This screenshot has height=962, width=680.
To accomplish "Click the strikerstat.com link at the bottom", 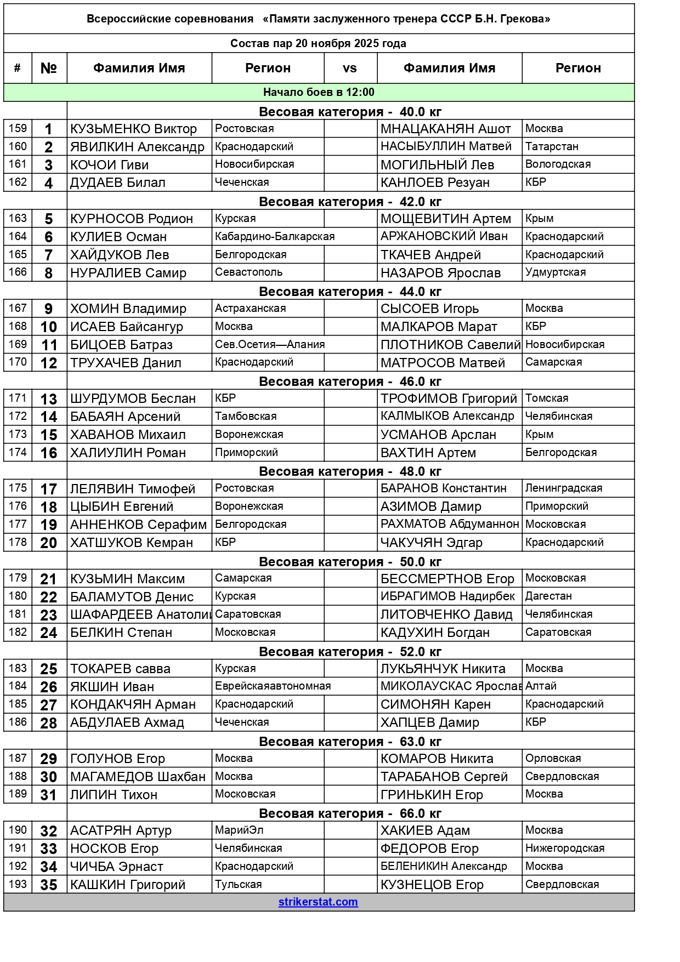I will pyautogui.click(x=318, y=902).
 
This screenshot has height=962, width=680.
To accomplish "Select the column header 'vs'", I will pyautogui.click(x=350, y=68).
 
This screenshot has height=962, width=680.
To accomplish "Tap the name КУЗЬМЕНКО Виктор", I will pyautogui.click(x=133, y=129).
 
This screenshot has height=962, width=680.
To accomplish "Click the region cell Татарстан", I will pyautogui.click(x=552, y=146).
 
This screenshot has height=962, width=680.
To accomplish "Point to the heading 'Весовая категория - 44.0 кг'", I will pyautogui.click(x=350, y=291).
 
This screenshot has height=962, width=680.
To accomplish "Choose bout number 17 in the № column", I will pyautogui.click(x=49, y=488).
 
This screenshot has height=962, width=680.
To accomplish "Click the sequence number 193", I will pyautogui.click(x=18, y=884).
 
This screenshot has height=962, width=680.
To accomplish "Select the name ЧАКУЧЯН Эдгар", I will pyautogui.click(x=432, y=543).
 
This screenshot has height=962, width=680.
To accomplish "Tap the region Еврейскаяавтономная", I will pyautogui.click(x=273, y=686).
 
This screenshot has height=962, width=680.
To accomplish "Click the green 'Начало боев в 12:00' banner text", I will pyautogui.click(x=319, y=92).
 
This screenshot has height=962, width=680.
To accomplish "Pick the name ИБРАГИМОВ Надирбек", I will pyautogui.click(x=447, y=596).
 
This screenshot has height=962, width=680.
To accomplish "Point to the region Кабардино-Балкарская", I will pyautogui.click(x=275, y=236).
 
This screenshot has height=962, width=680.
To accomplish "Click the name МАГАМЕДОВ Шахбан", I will pyautogui.click(x=138, y=776).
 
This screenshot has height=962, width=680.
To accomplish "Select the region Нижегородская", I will pyautogui.click(x=565, y=848).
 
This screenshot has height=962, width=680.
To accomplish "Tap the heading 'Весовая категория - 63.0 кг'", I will pyautogui.click(x=350, y=741).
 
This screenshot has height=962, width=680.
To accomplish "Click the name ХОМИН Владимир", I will pyautogui.click(x=128, y=309).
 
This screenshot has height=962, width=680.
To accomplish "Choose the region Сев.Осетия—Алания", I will pyautogui.click(x=270, y=344).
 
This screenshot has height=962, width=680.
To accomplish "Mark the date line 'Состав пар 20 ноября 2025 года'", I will pyautogui.click(x=318, y=43).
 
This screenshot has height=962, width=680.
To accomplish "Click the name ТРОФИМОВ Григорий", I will pyautogui.click(x=449, y=399).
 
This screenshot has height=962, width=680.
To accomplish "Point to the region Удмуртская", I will pyautogui.click(x=556, y=272).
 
